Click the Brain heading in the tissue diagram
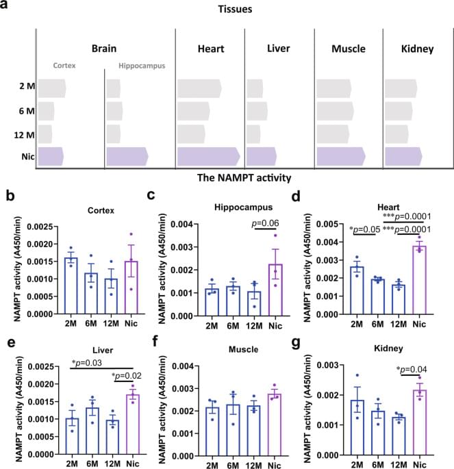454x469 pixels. (106, 49)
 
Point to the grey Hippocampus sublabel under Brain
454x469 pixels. (137, 67)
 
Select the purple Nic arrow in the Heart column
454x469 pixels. (208, 157)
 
